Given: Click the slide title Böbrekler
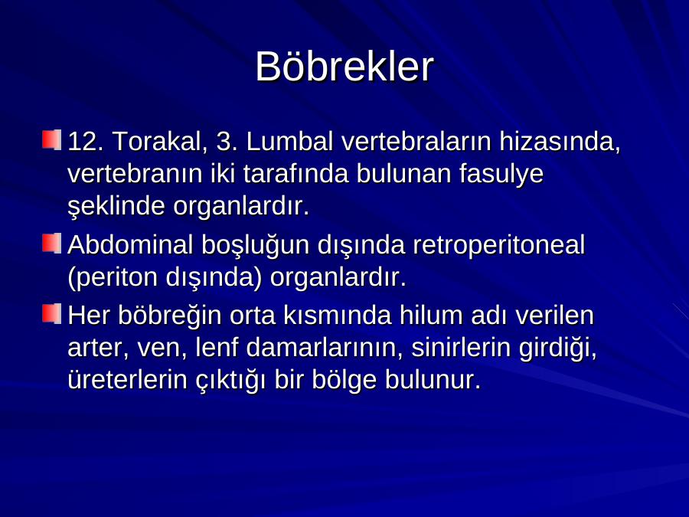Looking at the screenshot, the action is coord(344,67).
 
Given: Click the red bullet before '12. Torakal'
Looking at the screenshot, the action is coord(51,140).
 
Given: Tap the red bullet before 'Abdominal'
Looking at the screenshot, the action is coord(51,243).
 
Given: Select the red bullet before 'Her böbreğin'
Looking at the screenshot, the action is coord(51,314).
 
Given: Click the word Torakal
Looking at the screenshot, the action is coord(160,142).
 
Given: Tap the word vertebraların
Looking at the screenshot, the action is coord(416,142).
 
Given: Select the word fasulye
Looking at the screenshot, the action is coord(501,174).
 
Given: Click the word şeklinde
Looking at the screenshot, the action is coord(116,206).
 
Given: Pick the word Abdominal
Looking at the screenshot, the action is coord(130,244).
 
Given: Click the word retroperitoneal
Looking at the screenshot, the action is coord(498,245).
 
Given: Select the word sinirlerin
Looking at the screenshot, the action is coord(461,347).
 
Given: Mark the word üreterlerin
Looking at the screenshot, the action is coord(127,379).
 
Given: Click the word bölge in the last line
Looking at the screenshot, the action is coord(344,381).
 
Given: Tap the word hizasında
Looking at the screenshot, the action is coord(560,142).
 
